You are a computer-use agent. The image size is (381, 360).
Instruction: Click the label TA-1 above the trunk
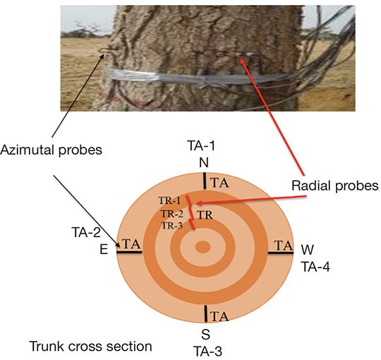(201, 145)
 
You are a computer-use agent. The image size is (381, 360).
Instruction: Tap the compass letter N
(204, 162)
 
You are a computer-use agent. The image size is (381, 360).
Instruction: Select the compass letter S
(205, 335)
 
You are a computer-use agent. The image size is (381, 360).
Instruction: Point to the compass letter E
(104, 249)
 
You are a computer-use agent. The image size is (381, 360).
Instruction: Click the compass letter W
(308, 250)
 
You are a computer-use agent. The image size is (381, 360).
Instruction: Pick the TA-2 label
(86, 232)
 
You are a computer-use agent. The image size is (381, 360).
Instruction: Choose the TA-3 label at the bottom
(207, 352)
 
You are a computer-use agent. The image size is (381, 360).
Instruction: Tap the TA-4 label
(315, 267)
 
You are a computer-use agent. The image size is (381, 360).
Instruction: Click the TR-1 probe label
(169, 200)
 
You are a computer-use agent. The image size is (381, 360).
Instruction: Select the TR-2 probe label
(171, 214)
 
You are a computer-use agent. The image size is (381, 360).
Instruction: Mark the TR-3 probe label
(171, 226)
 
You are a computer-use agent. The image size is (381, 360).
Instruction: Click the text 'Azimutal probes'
(52, 150)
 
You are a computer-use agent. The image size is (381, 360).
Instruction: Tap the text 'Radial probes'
(335, 186)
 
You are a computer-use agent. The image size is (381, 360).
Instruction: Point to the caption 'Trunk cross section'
(90, 346)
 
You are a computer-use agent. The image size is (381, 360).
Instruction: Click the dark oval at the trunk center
(203, 247)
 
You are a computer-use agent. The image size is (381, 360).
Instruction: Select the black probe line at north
(205, 181)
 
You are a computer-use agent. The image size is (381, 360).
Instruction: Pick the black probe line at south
(206, 314)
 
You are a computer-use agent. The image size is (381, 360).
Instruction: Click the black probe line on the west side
(281, 253)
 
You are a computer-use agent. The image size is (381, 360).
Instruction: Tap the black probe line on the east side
(129, 252)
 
